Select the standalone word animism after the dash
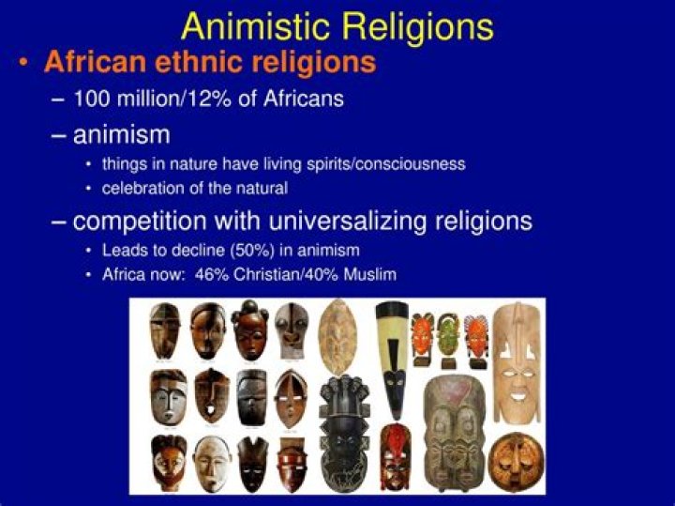[121, 134]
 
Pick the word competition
[142, 222]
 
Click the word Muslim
[370, 274]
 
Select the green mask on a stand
[449, 337]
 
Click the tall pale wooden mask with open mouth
[514, 360]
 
